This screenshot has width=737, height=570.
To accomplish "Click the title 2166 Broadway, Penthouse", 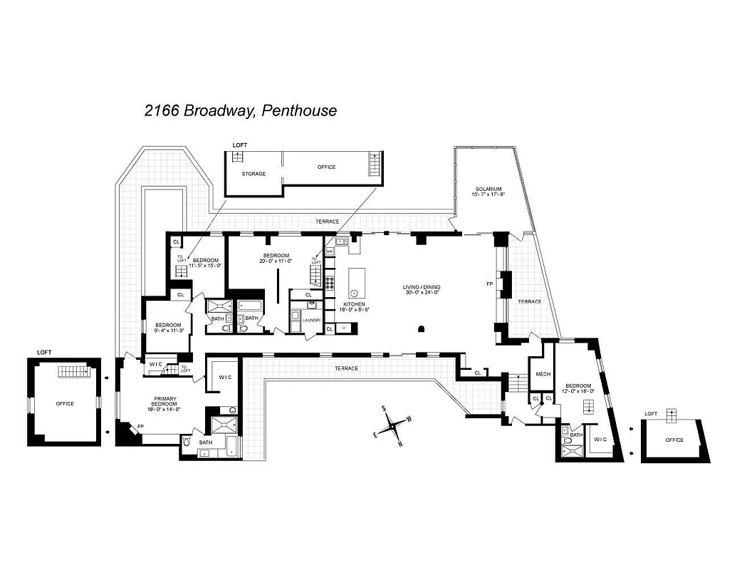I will click(x=240, y=110).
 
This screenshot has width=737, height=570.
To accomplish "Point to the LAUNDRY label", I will click(x=311, y=320).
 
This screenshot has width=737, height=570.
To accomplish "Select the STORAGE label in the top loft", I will click(x=253, y=174).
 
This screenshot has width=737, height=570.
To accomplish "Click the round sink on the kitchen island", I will click(x=352, y=294).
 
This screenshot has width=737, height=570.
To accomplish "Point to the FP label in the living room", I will click(x=489, y=284).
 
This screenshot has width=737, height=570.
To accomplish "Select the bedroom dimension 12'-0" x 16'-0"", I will click(x=578, y=390).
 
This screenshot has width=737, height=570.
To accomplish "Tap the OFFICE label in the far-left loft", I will click(x=65, y=403).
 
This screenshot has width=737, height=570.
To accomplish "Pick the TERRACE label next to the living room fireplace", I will click(x=529, y=301).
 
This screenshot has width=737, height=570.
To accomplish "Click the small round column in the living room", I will click(x=422, y=328).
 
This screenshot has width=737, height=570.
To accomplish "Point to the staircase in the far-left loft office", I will click(x=73, y=371).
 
